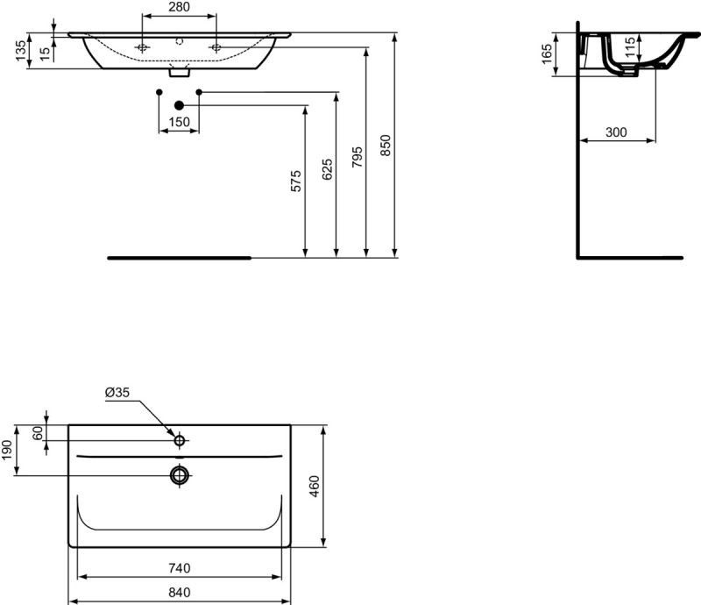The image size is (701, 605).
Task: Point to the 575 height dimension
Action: coord(296,181)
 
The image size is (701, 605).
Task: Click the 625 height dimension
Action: coord(327,170)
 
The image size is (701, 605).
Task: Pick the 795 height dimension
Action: coord(357,157)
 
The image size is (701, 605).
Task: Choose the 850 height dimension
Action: coord(386,145)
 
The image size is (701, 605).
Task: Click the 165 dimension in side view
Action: coord(546,53)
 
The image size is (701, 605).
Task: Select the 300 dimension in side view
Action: coord(616,132)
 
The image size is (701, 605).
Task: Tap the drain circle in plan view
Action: coord(180,475)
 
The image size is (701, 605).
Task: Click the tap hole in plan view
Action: coord(180,439)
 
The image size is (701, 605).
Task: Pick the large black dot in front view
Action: coord(179,104)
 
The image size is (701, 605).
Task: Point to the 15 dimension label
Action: coord(44,51)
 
